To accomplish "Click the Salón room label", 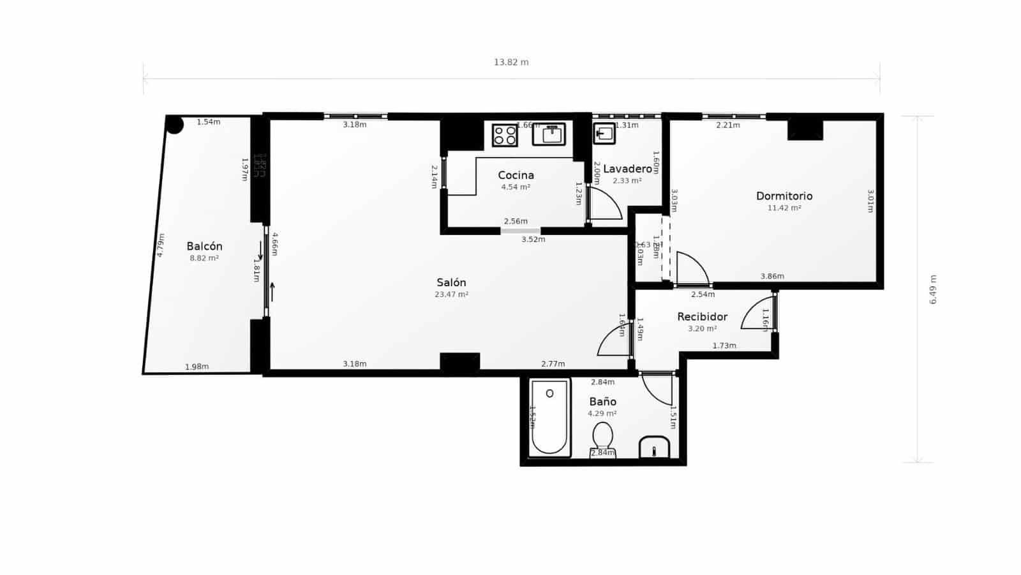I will point(451,282).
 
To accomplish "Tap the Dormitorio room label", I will point(784,196).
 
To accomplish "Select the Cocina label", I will point(516,175).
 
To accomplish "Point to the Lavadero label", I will point(627,169).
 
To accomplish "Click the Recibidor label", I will point(702,317).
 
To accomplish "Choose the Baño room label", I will point(602,401).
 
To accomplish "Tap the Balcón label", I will point(204,246).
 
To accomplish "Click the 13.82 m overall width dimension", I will point(511,62).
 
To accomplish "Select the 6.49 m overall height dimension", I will point(933,289).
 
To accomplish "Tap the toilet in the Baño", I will point(602,438).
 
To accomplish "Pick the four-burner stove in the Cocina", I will point(505,135).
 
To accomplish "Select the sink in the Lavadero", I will point(604,134).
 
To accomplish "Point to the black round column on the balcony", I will point(175,125).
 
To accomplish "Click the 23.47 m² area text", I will point(451,295).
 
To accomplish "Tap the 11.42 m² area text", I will point(784,208).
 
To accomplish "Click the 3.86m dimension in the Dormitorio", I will point(772,277).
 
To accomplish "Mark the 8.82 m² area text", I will point(204,258).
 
